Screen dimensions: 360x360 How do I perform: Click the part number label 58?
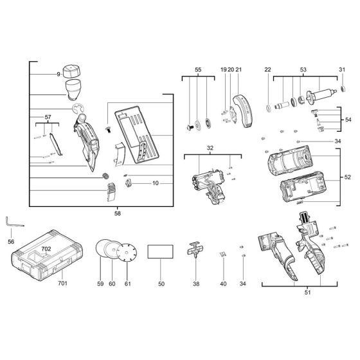coord(117,213)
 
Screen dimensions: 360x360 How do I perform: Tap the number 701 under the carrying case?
coord(62,283)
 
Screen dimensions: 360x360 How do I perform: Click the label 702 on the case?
coord(46,249)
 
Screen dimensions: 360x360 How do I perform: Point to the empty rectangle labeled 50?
coord(160,251)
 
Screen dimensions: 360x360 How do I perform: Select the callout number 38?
coord(196,283)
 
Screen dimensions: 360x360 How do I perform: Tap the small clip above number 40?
coord(223,254)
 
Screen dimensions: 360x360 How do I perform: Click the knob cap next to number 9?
coord(71,71)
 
